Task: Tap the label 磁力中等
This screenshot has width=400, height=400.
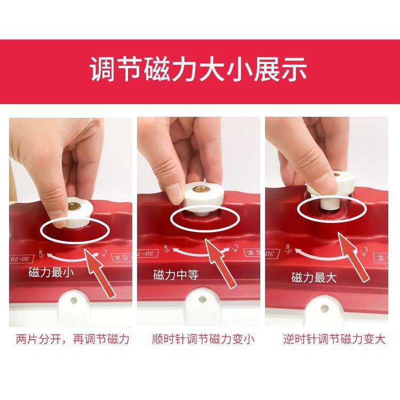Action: (x=176, y=275)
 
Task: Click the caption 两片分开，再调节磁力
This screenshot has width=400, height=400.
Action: (x=73, y=339)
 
